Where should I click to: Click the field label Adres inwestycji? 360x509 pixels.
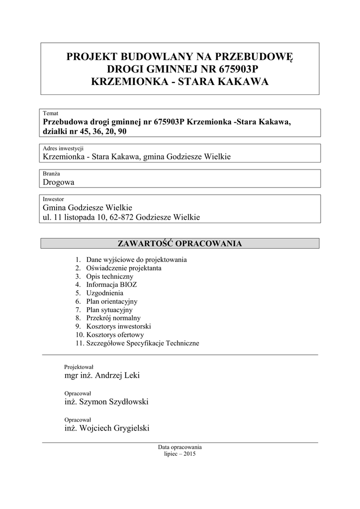click(x=63, y=148)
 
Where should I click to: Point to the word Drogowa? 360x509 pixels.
click(x=59, y=182)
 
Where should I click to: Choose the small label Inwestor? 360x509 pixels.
click(x=54, y=199)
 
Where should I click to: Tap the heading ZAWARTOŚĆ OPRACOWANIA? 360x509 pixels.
click(x=180, y=244)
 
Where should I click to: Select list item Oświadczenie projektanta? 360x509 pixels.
click(x=123, y=268)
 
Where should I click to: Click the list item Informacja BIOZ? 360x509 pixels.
click(x=111, y=285)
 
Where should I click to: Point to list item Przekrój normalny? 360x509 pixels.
click(x=113, y=318)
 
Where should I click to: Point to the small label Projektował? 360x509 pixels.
click(x=79, y=367)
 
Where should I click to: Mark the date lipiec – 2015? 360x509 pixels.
click(x=180, y=454)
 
